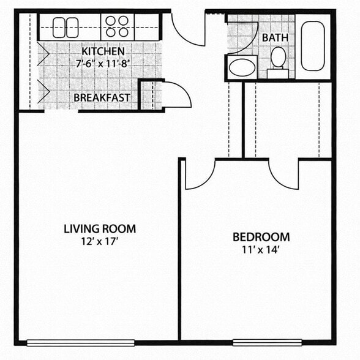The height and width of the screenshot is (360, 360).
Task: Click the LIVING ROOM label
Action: [100, 229]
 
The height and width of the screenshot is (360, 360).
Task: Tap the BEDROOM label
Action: [261, 237]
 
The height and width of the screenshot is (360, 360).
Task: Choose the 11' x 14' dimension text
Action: [261, 249]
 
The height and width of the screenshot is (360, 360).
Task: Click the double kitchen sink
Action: [65, 27]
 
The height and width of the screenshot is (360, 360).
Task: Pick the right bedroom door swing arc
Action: [283, 174]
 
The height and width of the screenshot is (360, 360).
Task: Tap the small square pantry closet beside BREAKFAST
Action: [150, 95]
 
